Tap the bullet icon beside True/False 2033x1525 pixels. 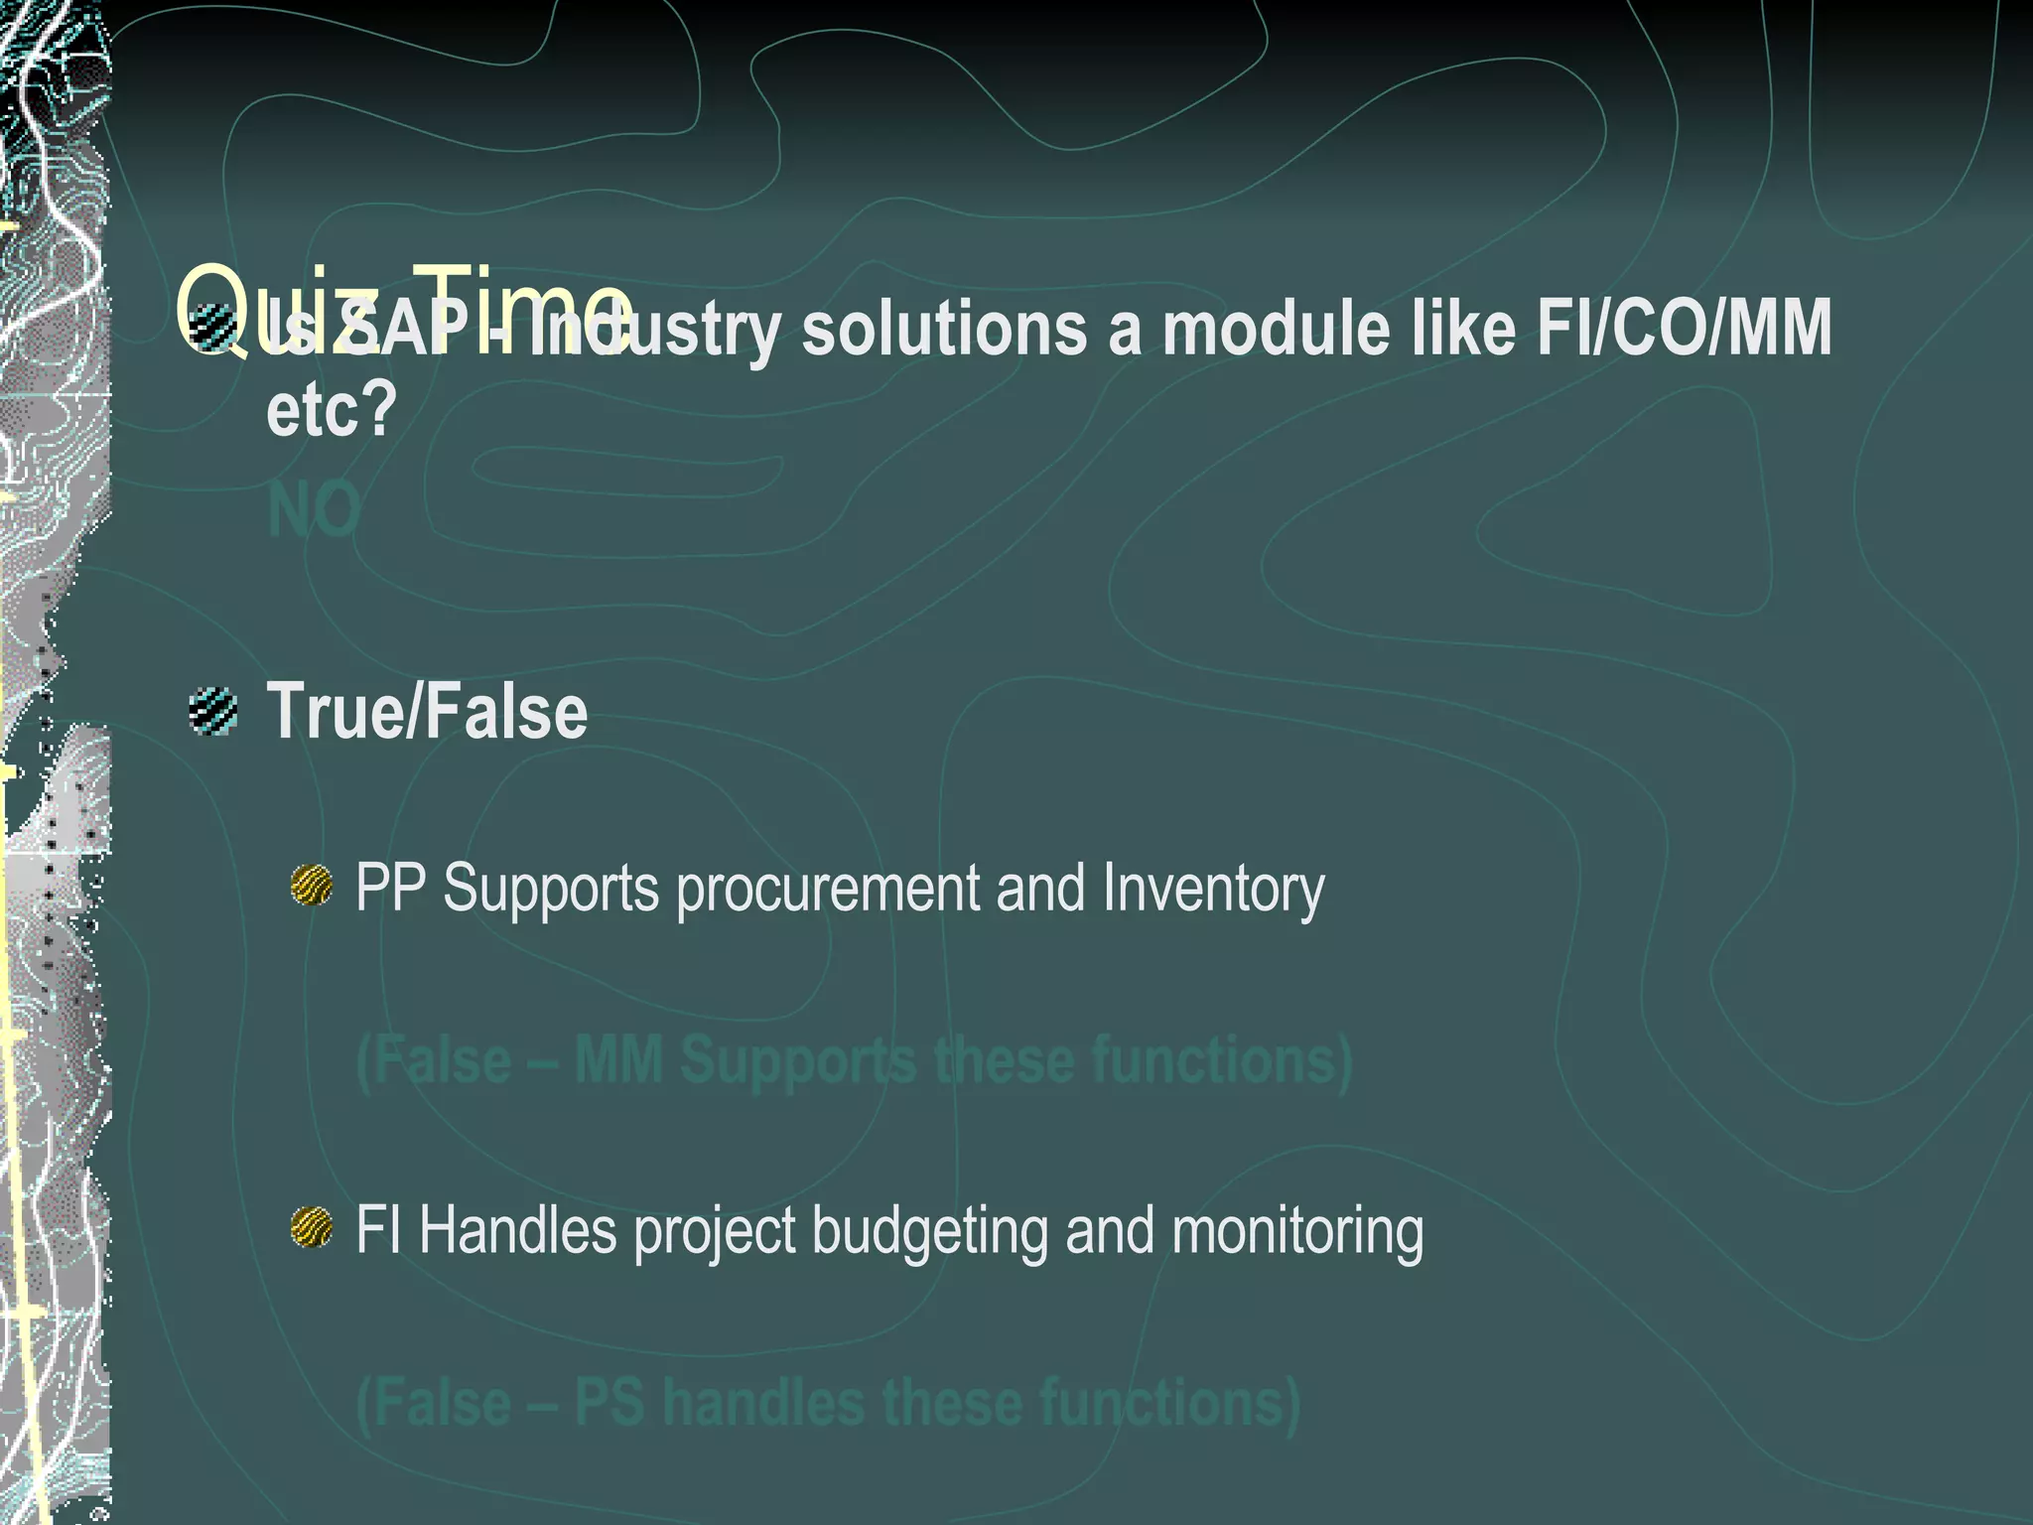213,711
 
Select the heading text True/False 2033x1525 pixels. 427,712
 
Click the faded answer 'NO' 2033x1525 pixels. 314,509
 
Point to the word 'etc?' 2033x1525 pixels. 332,408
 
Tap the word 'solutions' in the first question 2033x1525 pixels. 943,328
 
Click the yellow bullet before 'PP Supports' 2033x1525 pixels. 312,885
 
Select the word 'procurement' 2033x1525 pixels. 828,889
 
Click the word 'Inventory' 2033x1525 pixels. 1213,889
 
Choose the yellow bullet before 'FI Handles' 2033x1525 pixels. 312,1227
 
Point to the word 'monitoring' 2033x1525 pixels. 1297,1231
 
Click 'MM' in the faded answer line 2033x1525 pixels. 618,1059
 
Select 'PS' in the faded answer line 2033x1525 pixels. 610,1402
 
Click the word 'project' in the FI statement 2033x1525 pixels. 715,1231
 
